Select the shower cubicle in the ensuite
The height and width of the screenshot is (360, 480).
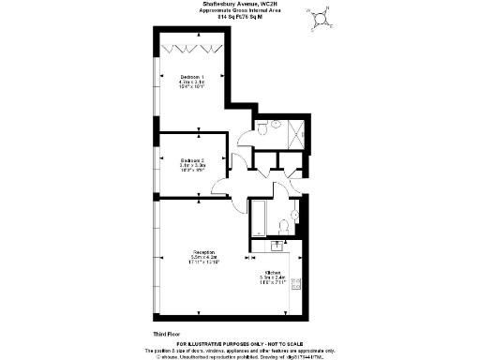click(x=296, y=135)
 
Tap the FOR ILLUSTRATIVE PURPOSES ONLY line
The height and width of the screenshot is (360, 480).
click(x=239, y=343)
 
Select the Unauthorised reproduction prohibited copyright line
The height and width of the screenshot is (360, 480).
click(x=239, y=356)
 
